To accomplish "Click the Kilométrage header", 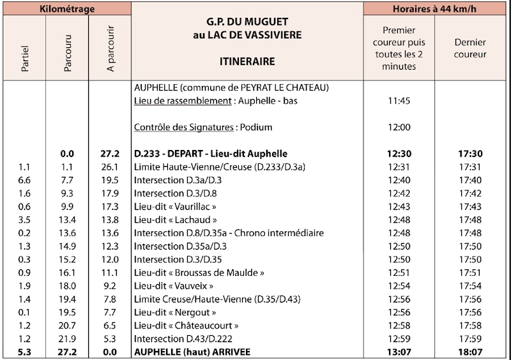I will click(x=66, y=8).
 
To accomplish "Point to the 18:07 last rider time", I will click(x=470, y=350).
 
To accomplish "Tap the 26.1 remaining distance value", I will click(x=111, y=167).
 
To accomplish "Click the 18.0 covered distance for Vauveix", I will click(x=70, y=285).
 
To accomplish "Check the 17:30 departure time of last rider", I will click(x=470, y=153).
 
